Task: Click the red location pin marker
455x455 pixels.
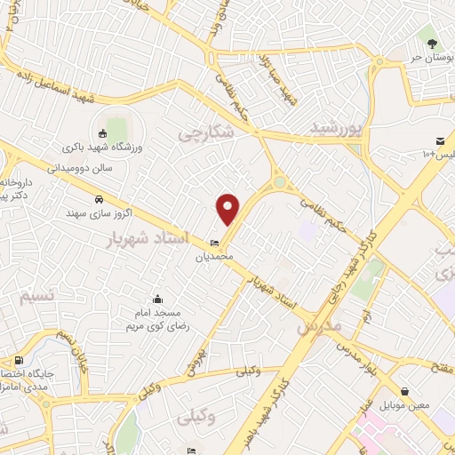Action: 229,208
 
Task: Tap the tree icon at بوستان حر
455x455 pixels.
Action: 432,41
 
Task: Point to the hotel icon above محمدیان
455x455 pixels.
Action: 213,243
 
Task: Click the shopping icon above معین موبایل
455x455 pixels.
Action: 405,390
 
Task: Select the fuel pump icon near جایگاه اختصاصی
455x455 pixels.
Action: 20,361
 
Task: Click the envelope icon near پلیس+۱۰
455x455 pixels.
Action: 441,141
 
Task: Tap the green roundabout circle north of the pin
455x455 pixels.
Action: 281,182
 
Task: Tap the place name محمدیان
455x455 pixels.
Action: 213,256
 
